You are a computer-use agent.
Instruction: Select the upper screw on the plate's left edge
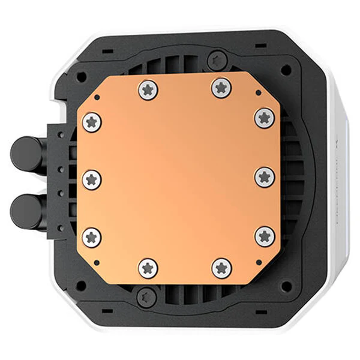(92, 122)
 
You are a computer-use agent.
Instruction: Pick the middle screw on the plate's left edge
(92, 179)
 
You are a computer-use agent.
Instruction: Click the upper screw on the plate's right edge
(265, 118)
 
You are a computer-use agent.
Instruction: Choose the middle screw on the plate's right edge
(265, 176)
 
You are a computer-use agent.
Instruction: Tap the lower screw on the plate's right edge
(265, 235)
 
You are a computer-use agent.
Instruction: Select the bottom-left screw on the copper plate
(148, 268)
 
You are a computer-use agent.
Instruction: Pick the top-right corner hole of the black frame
(286, 70)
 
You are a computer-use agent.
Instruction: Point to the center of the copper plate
(178, 178)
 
